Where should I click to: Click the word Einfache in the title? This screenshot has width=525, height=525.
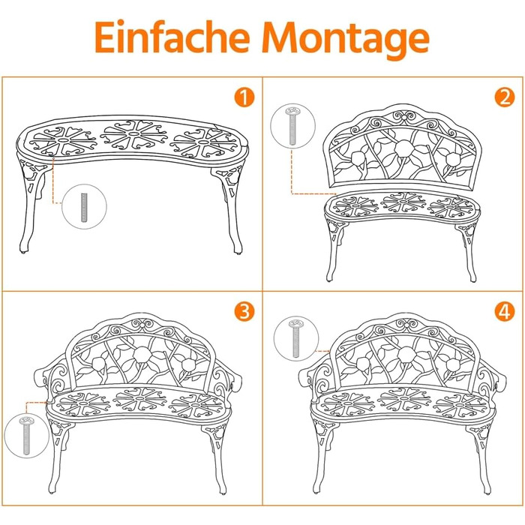[x=172, y=37]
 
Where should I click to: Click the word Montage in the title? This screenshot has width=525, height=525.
[x=346, y=40]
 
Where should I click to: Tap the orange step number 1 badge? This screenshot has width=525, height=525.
[x=244, y=97]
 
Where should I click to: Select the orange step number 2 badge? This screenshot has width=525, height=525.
[x=505, y=97]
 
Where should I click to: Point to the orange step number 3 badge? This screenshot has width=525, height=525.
[x=244, y=311]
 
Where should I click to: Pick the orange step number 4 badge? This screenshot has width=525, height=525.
[x=505, y=311]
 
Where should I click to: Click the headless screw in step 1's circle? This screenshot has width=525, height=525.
[x=84, y=207]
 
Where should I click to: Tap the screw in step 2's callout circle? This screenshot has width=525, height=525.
[x=292, y=126]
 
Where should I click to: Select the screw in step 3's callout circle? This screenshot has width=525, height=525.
[x=25, y=436]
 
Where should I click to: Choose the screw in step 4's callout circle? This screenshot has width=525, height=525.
[x=295, y=338]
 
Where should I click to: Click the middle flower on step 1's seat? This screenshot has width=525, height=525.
[x=134, y=134]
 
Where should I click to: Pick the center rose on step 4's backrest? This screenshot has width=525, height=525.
[x=406, y=355]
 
